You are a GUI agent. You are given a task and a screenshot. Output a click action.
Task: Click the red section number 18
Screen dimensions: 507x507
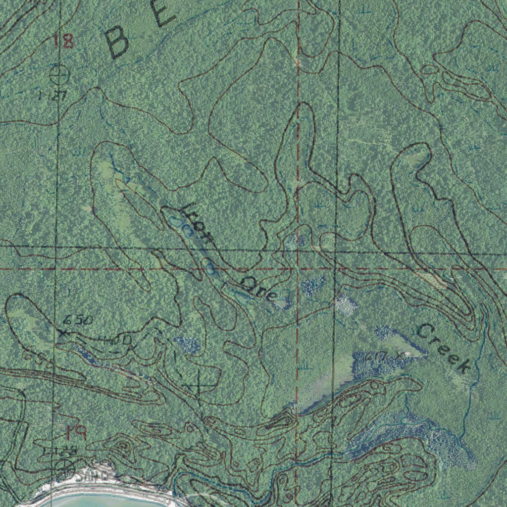63,40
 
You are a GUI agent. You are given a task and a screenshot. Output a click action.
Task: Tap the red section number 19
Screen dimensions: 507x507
76,434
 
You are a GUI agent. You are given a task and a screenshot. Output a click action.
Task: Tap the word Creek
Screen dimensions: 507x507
444,348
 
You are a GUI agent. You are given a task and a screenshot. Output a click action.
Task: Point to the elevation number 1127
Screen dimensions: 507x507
53,96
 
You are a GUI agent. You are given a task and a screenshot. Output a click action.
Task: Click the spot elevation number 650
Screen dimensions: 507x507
78,320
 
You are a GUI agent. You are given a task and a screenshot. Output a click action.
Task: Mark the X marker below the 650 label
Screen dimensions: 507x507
63,334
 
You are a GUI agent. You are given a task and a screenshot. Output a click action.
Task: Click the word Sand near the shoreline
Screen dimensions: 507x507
92,476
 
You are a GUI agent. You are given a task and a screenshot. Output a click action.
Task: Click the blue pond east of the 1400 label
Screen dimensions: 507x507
187,345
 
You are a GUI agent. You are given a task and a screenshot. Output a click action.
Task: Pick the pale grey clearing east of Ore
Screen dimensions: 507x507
345,304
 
